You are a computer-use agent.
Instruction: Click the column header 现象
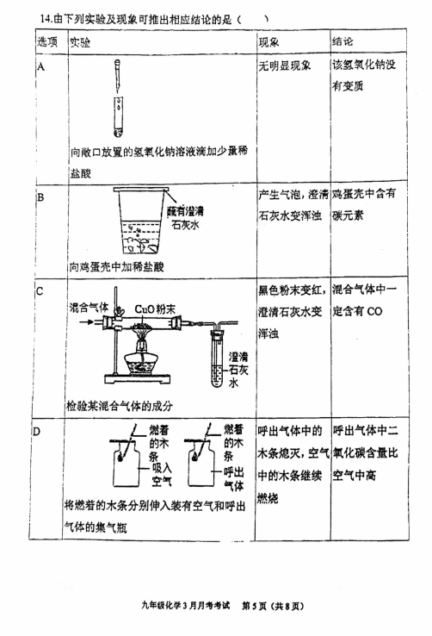point(268,41)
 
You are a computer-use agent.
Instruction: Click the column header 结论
point(343,41)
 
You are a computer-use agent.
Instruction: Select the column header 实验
point(80,42)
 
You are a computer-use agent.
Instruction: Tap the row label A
point(41,66)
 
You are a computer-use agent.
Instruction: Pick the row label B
point(40,197)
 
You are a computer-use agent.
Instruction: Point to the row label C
point(40,291)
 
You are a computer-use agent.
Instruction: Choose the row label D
point(36,431)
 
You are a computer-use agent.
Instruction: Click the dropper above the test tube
point(118,76)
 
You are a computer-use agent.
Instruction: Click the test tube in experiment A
point(118,117)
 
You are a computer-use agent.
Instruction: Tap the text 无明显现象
point(285,65)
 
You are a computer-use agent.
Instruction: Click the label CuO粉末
point(155,309)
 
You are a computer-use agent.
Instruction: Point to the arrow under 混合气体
point(87,322)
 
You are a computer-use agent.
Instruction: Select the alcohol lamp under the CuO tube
point(141,359)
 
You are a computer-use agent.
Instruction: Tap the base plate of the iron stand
point(137,379)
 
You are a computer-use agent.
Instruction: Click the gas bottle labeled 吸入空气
point(126,464)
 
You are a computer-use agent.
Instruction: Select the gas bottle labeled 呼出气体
point(201,464)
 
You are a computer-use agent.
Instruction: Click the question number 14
point(45,19)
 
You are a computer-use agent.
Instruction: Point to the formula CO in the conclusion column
point(374,311)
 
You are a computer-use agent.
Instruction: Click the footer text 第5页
point(254,606)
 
